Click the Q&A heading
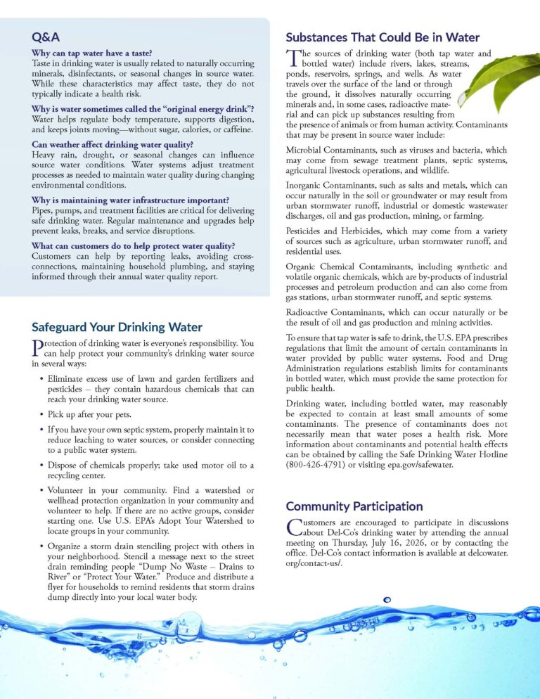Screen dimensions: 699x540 tap(46, 36)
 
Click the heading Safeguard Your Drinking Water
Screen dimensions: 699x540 tap(117, 327)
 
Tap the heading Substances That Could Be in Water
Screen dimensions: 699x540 tap(382, 37)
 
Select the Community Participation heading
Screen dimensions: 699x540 tap(354, 506)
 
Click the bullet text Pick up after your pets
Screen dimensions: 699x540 tap(89, 414)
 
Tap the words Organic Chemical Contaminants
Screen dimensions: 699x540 tap(350, 267)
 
